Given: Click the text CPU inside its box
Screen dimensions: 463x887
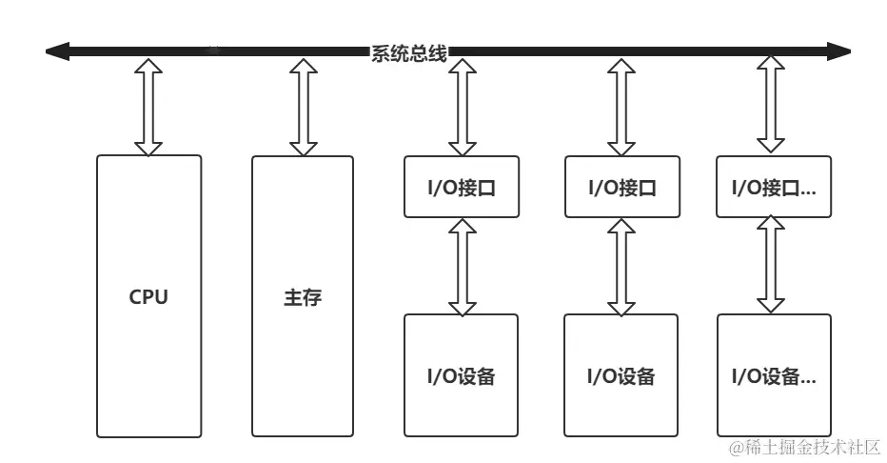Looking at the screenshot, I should click(x=148, y=297).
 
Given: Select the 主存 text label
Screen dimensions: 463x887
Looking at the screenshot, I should click(x=303, y=297).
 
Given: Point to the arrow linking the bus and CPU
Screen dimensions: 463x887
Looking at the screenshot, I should click(x=148, y=105).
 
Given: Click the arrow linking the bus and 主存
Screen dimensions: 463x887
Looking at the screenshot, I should click(x=303, y=105).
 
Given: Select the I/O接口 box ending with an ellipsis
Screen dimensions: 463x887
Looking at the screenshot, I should click(x=773, y=187).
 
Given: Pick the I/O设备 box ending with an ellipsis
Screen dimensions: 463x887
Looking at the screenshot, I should click(x=773, y=375).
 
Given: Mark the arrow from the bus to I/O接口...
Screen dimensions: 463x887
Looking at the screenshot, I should click(x=773, y=105).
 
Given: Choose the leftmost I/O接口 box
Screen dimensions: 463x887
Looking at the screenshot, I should click(x=462, y=187).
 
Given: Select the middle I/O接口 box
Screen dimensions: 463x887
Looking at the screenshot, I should click(x=621, y=187).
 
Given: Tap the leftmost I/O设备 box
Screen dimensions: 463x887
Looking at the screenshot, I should click(x=462, y=375).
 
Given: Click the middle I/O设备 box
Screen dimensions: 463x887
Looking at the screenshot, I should click(x=621, y=375).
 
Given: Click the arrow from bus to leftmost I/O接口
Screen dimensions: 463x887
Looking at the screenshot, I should click(x=462, y=105).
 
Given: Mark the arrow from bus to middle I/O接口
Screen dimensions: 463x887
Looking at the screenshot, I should click(x=621, y=105).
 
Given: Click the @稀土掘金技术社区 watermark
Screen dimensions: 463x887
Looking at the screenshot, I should click(x=805, y=446).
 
